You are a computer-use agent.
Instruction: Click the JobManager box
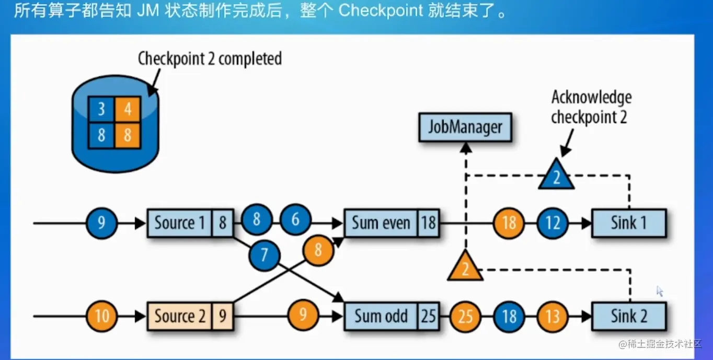[465, 127]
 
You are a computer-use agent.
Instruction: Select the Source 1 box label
[179, 223]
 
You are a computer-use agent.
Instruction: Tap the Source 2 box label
[179, 316]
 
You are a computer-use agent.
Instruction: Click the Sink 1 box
[628, 223]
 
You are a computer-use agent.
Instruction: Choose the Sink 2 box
[628, 316]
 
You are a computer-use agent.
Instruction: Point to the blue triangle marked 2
[556, 176]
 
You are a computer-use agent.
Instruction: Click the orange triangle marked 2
[464, 267]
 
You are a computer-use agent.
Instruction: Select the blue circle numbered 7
[264, 254]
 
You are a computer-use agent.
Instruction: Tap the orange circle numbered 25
[465, 316]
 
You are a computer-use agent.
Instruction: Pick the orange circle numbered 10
[102, 316]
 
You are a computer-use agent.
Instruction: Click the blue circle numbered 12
[553, 223]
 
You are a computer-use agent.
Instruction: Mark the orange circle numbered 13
[553, 316]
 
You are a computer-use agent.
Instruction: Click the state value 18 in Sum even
[428, 223]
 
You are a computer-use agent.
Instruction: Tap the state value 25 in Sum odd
[428, 316]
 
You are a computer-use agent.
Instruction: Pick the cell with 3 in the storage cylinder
[101, 110]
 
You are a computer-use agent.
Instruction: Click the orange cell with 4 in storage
[127, 110]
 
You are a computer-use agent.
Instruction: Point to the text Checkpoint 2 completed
[210, 59]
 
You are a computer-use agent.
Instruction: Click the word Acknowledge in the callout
[591, 98]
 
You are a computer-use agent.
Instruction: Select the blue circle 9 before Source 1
[102, 223]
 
